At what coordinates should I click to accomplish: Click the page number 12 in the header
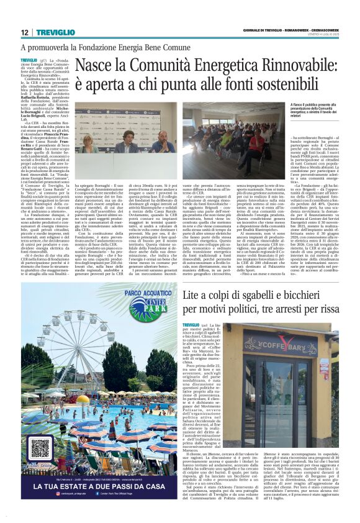(x=24, y=32)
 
